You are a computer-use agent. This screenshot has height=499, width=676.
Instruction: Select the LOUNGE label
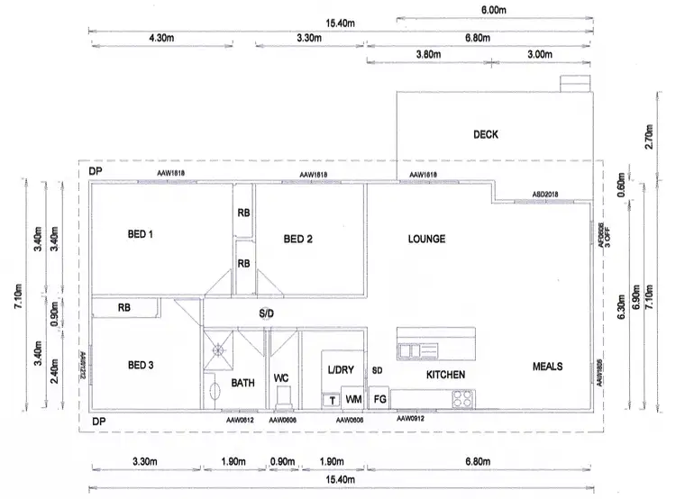click(427, 239)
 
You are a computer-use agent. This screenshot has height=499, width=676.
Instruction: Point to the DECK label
click(486, 135)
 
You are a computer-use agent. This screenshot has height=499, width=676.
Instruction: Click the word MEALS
click(548, 367)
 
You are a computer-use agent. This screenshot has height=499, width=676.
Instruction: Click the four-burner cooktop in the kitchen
click(463, 397)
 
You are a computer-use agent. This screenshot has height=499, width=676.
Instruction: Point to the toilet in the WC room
click(283, 397)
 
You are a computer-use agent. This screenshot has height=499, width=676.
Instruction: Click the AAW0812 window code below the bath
click(241, 420)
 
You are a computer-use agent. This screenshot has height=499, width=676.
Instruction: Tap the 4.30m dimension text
click(157, 40)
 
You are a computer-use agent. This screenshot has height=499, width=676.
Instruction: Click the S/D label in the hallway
click(267, 313)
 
